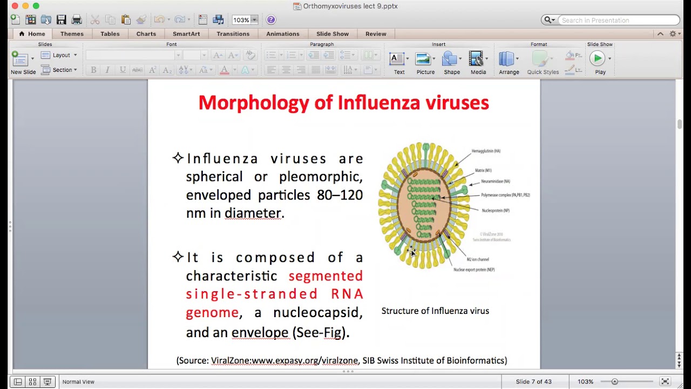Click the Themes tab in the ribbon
(x=72, y=34)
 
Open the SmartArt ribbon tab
(x=186, y=34)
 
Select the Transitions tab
(x=233, y=34)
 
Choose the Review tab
(x=376, y=34)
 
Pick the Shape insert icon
(x=451, y=59)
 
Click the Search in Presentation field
(x=618, y=21)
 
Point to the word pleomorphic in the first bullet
(x=320, y=177)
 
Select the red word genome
(x=212, y=312)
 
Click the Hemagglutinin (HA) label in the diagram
(x=486, y=151)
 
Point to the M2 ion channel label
(x=478, y=259)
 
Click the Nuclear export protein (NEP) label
(x=474, y=270)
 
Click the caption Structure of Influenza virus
(x=435, y=311)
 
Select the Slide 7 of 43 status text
(x=533, y=381)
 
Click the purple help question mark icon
(x=271, y=20)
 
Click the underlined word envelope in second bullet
(x=260, y=332)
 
